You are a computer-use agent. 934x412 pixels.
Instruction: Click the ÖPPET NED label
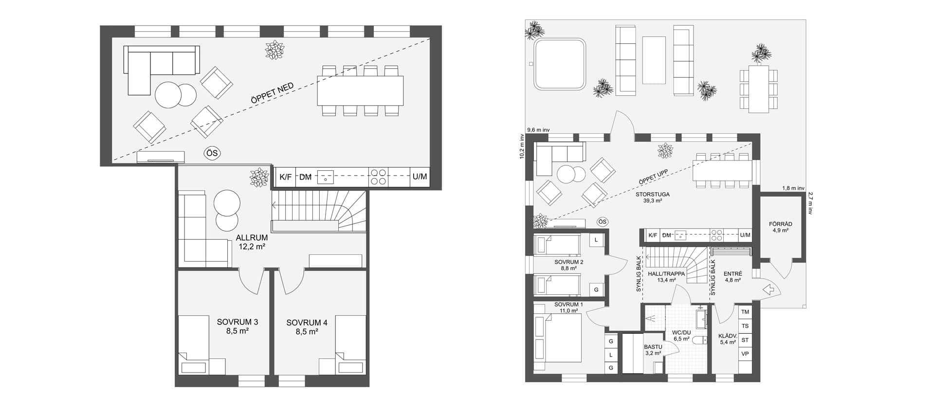272,93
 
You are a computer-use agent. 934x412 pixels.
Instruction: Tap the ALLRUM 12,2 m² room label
252,242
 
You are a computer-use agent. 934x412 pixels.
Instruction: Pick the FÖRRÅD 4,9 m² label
780,227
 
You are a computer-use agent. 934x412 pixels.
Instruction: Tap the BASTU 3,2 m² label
653,350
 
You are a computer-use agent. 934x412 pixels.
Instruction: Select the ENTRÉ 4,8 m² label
733,277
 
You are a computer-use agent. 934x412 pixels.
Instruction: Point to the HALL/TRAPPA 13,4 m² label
666,277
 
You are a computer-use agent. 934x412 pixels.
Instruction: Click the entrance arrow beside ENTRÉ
769,290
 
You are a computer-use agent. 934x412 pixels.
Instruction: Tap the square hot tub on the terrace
559,64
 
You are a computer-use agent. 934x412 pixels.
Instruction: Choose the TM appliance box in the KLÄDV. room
745,312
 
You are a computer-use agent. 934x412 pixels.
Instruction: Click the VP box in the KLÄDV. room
745,354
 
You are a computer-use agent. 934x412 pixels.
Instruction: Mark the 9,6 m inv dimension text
538,130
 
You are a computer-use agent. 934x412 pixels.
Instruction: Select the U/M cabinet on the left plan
420,177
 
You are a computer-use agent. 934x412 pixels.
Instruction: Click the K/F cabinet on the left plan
285,177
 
